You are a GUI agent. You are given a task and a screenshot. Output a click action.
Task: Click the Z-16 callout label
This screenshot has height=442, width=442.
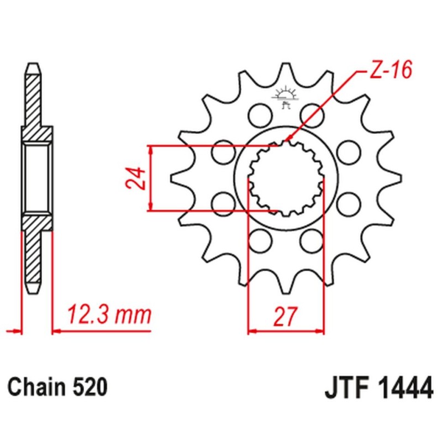click(383, 72)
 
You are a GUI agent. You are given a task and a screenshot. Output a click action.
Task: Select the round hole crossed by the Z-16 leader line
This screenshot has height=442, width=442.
click(311, 115)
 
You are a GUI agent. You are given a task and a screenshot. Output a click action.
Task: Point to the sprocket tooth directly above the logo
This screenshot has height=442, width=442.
click(286, 70)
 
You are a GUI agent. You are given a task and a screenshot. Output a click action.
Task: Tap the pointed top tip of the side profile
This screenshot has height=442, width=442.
click(33, 66)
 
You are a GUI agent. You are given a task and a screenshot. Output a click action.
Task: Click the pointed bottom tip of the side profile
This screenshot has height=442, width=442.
click(34, 290)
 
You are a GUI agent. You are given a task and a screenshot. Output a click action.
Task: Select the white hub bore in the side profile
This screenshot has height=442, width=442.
click(38, 178)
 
